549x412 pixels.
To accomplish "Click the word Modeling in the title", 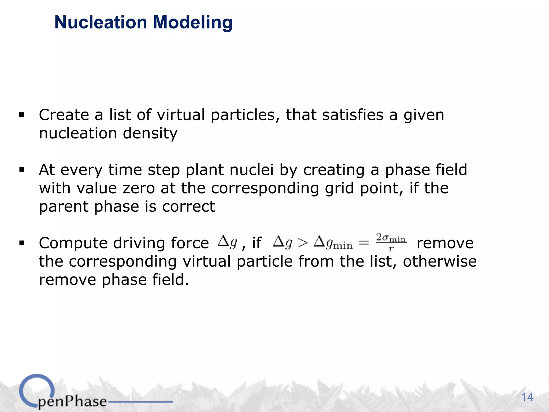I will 192,22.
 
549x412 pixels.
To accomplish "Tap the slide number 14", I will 527,397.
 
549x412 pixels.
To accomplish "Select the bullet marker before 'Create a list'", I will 22,115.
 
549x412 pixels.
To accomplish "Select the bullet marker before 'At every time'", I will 22,170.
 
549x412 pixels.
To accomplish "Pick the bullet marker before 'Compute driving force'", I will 22,243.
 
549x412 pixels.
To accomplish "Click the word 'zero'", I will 139,188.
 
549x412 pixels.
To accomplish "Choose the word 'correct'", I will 188,207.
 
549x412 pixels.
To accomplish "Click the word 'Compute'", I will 73,243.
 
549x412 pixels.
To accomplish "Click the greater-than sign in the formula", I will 303,243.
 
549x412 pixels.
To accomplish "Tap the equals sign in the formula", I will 364,243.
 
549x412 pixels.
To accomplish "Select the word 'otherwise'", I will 440,261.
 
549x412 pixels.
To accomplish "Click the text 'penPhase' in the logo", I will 72,401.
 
